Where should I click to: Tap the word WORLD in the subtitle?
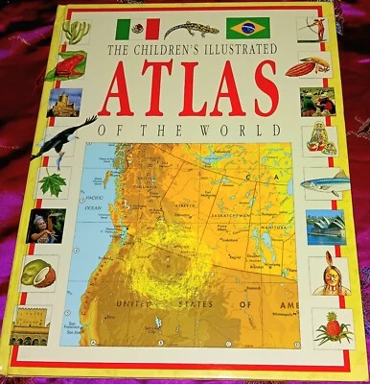[x=247, y=128]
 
